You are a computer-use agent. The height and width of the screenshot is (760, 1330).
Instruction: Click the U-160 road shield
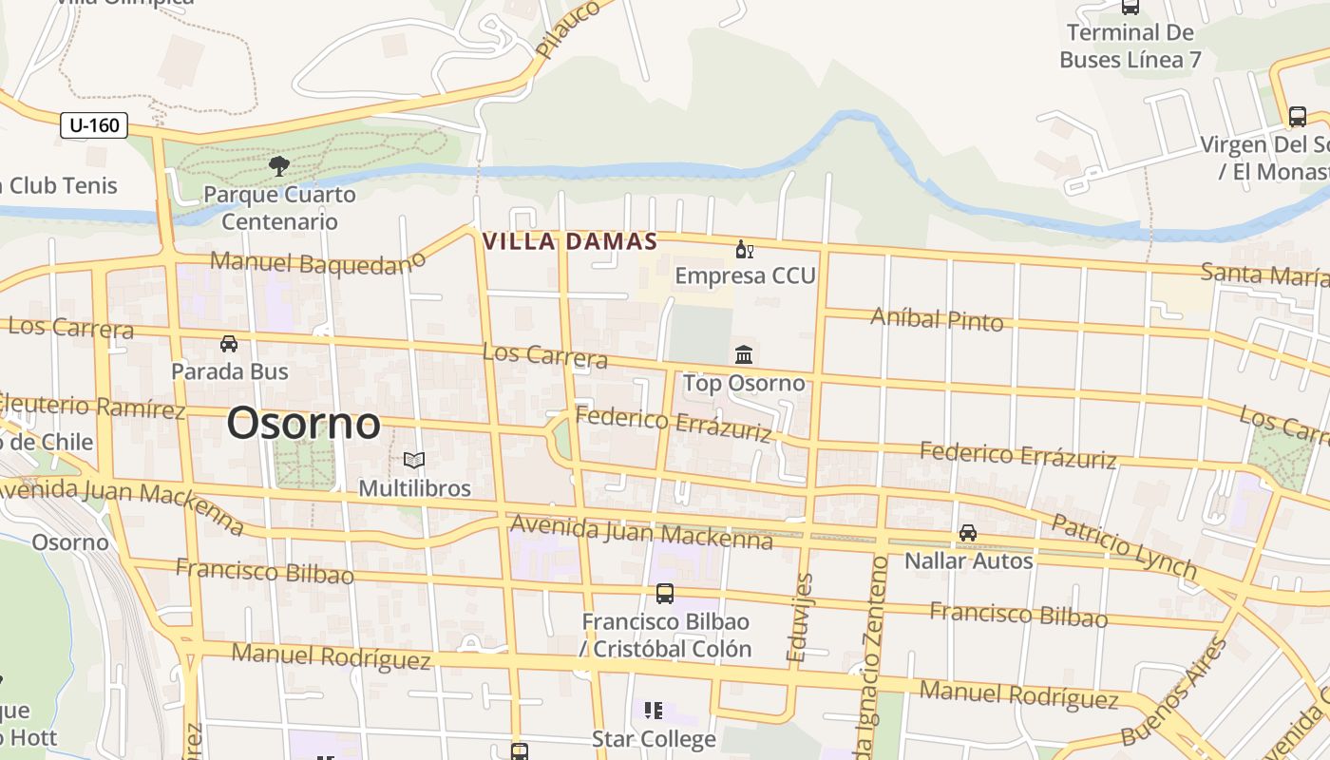[94, 124]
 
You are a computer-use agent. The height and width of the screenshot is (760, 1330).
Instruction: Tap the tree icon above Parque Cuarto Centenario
[278, 167]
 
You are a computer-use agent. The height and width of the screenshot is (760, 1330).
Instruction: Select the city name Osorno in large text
[303, 423]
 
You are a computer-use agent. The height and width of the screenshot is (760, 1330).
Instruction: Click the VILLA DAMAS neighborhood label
[570, 241]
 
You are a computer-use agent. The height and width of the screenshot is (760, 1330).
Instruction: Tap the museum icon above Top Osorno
[744, 355]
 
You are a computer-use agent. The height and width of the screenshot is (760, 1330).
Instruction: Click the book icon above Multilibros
[413, 461]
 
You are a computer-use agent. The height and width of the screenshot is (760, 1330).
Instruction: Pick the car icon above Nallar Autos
[967, 533]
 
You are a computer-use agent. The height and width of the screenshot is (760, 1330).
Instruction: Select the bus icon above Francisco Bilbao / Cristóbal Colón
[665, 594]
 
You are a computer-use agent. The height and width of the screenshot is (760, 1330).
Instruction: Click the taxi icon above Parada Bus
[229, 343]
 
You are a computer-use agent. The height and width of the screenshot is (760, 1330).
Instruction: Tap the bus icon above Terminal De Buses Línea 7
[1130, 7]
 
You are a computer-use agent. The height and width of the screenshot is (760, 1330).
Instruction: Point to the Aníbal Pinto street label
[937, 319]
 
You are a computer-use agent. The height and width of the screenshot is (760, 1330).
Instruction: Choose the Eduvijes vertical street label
[801, 617]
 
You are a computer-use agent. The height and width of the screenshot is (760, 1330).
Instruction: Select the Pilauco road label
[568, 28]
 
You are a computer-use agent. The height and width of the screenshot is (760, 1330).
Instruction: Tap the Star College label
[654, 738]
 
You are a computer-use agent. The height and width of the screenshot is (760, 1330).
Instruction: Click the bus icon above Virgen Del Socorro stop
[1297, 117]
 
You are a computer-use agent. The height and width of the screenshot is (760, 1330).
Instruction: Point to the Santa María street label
[1263, 275]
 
